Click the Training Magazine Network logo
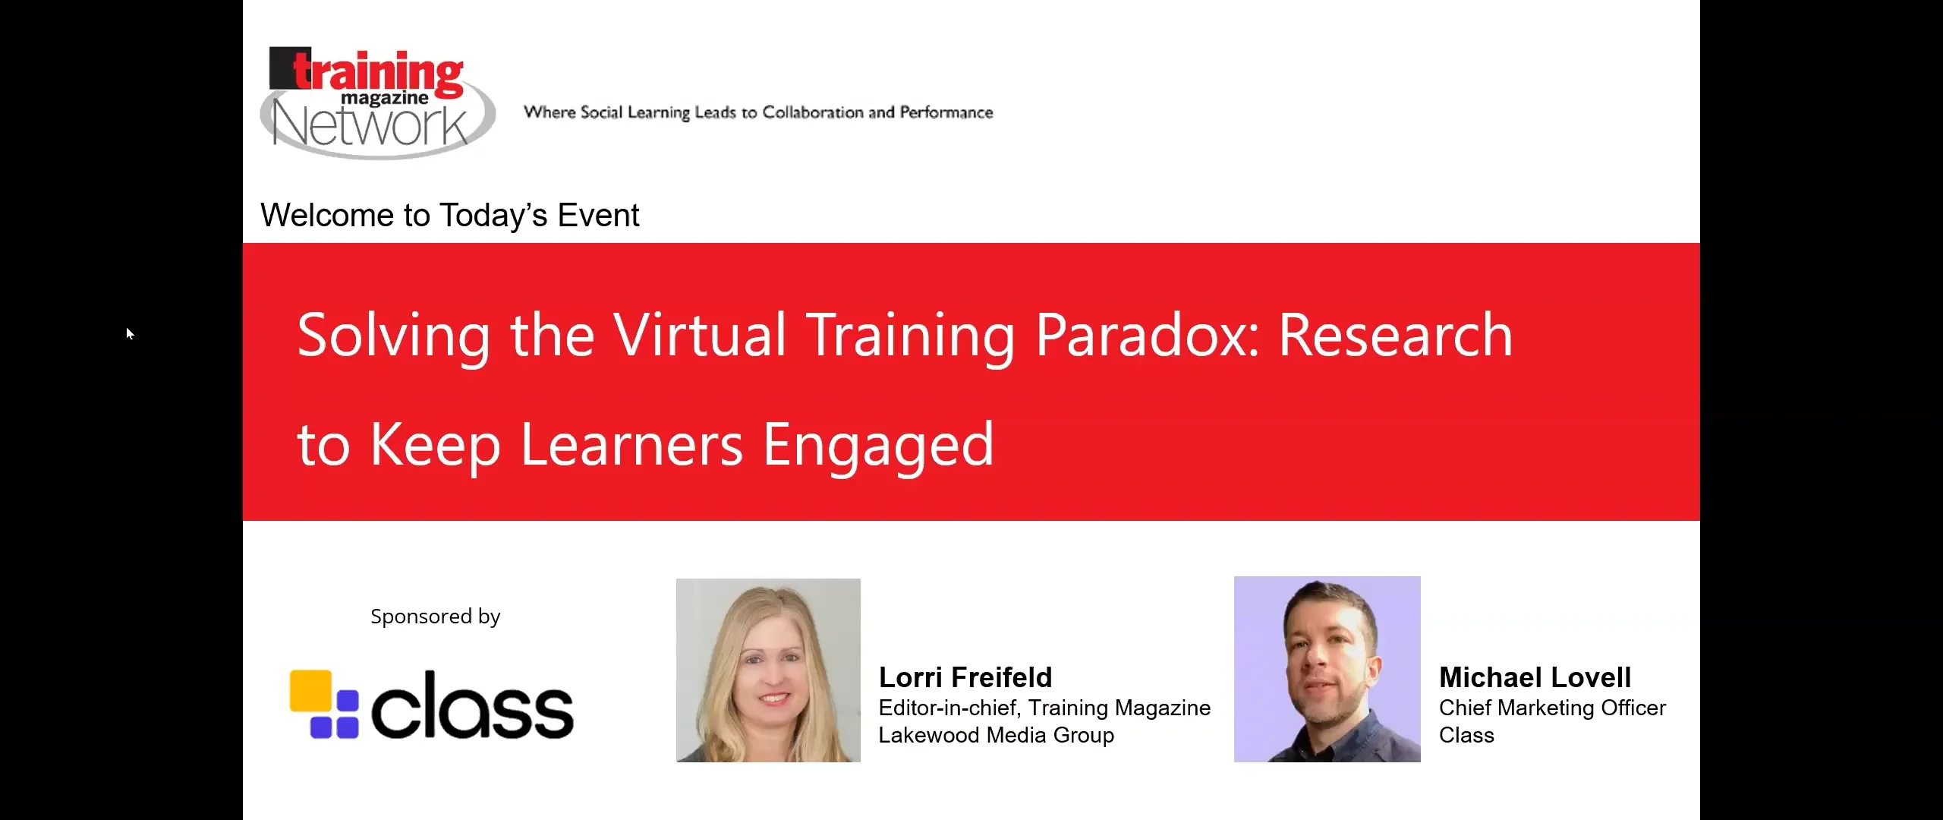pyautogui.click(x=377, y=102)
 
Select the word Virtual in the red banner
pyautogui.click(x=699, y=335)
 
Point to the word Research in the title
pyautogui.click(x=1395, y=335)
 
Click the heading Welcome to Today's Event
pyautogui.click(x=449, y=216)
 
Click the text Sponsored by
pyautogui.click(x=435, y=617)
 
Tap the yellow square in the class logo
pyautogui.click(x=311, y=690)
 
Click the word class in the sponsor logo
pyautogui.click(x=472, y=706)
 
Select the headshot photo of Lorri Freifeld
pyautogui.click(x=768, y=670)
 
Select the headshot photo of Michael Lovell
pyautogui.click(x=1327, y=669)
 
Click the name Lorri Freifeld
pyautogui.click(x=965, y=677)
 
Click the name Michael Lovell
pyautogui.click(x=1535, y=677)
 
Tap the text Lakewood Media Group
pyautogui.click(x=996, y=735)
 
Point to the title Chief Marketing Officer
pyautogui.click(x=1552, y=708)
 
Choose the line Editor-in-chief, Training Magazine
pyautogui.click(x=1044, y=708)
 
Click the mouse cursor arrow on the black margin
pyautogui.click(x=130, y=333)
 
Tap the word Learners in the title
pyautogui.click(x=631, y=446)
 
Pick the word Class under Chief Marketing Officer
pyautogui.click(x=1466, y=735)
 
